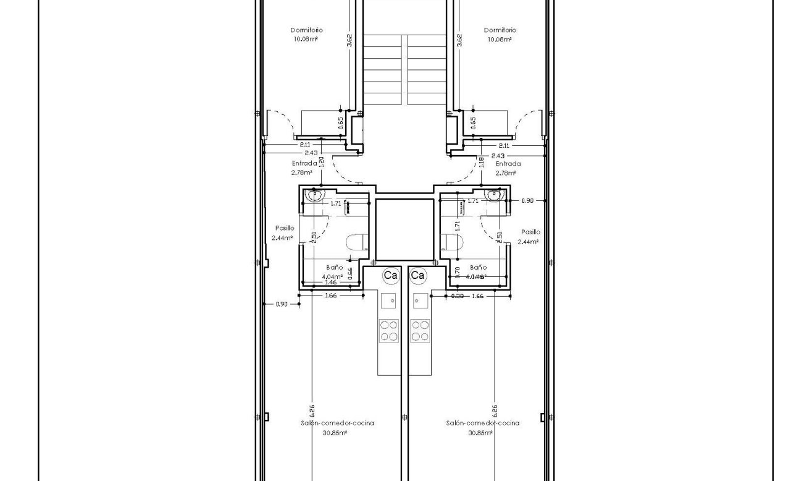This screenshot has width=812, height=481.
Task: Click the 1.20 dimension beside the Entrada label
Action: click(321, 162)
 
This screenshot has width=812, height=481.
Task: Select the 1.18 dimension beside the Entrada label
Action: click(482, 162)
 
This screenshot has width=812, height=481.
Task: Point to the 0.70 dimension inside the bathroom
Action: click(457, 271)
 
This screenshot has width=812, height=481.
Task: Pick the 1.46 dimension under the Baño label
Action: click(330, 283)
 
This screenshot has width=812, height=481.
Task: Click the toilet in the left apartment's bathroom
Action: click(355, 242)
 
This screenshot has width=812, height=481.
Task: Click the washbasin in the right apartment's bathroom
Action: click(494, 195)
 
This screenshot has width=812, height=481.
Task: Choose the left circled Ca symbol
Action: click(390, 275)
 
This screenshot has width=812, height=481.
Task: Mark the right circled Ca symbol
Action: click(418, 275)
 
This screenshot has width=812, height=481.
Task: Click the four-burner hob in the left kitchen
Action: click(388, 330)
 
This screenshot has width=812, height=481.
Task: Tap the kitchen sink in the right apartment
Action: click(421, 302)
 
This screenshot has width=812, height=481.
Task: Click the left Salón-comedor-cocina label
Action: click(337, 424)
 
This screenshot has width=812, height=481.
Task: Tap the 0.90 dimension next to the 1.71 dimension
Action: click(527, 201)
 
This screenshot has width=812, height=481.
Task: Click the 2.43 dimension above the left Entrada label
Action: click(311, 153)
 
